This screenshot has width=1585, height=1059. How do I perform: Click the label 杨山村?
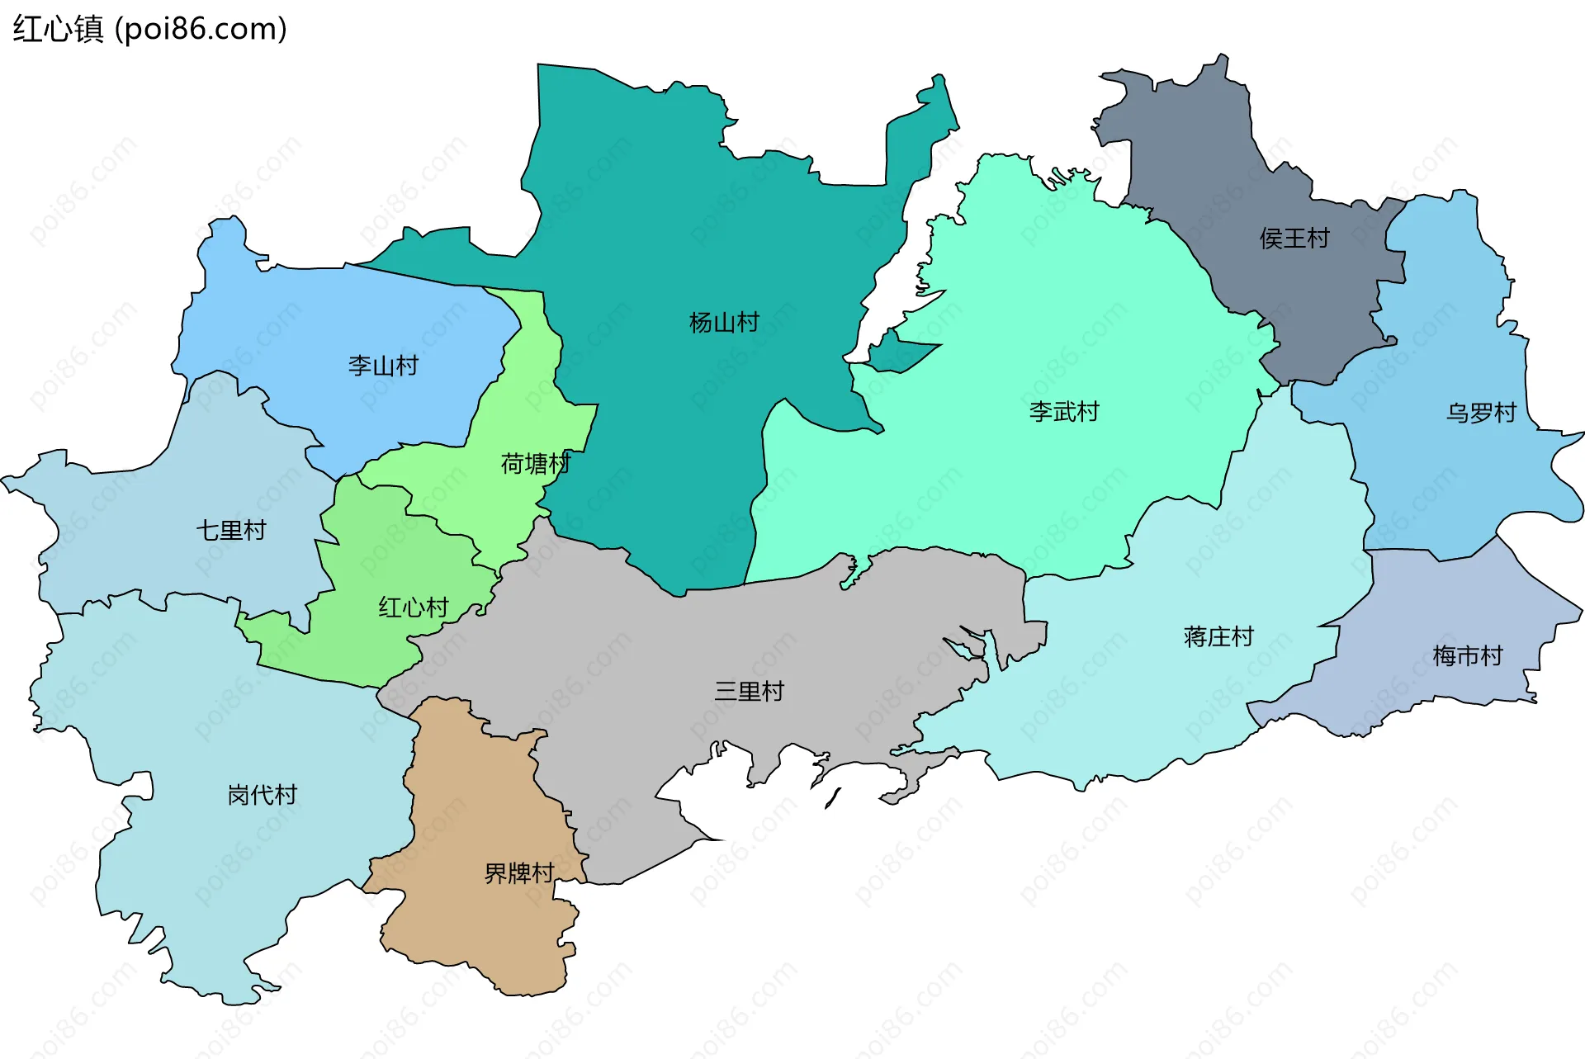(x=724, y=322)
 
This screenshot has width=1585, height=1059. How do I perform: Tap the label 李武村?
(x=1064, y=411)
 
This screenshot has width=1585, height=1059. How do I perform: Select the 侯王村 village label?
(x=1294, y=239)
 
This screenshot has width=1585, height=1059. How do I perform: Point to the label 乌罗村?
(x=1481, y=413)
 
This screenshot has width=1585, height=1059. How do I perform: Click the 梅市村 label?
(x=1467, y=656)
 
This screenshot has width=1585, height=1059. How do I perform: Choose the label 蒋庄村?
(x=1218, y=636)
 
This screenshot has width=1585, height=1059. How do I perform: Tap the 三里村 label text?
(x=749, y=691)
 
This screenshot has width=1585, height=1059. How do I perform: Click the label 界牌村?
(x=518, y=872)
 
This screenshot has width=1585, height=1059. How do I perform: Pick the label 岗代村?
(x=262, y=794)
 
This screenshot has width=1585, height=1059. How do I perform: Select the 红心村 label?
(x=413, y=608)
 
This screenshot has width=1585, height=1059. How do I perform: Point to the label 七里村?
(x=231, y=530)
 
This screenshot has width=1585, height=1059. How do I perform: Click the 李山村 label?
(x=383, y=365)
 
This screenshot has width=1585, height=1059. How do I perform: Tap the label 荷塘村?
(x=535, y=463)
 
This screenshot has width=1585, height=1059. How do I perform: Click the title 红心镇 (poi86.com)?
(x=149, y=29)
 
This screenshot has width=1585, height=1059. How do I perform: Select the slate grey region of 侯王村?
(x=1197, y=165)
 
